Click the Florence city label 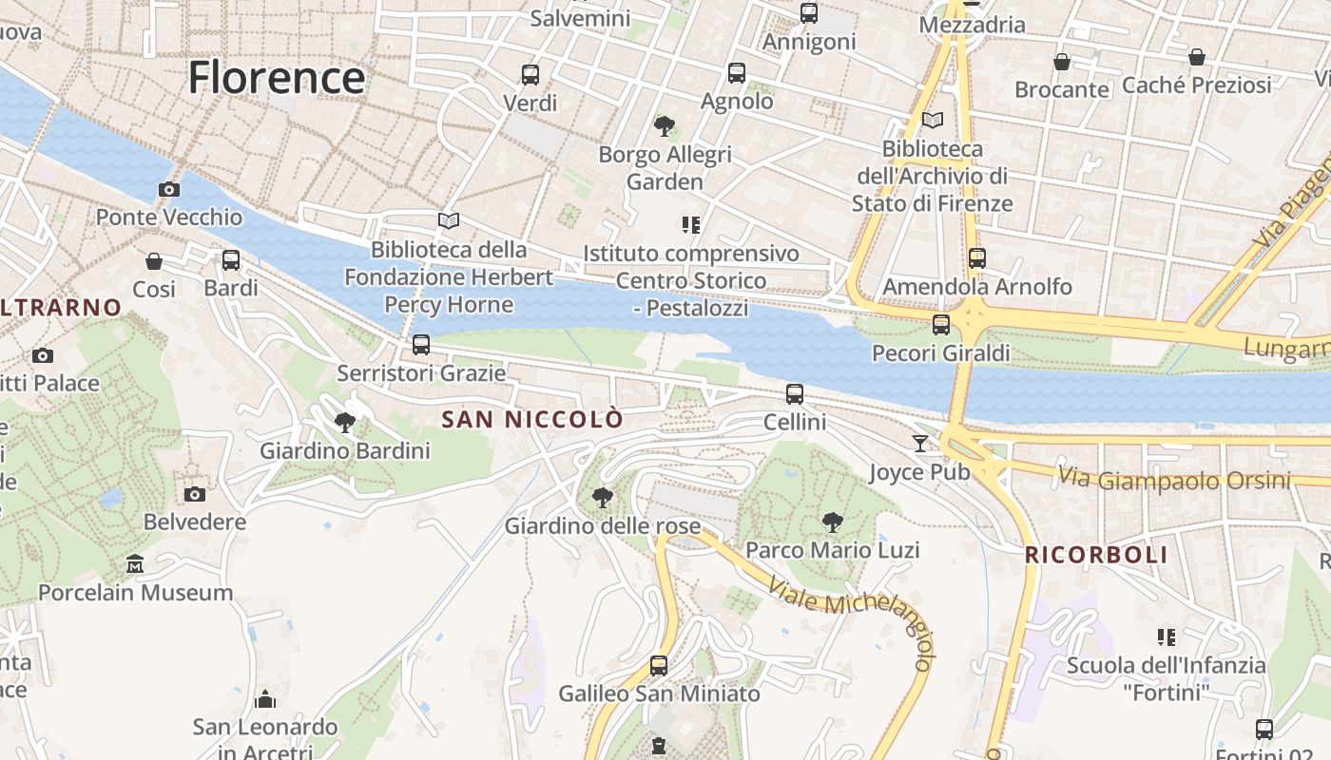tap(277, 77)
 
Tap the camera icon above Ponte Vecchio tap(169, 189)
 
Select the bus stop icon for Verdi tap(530, 74)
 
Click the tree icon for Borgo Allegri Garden tap(665, 125)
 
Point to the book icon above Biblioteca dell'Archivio tap(933, 121)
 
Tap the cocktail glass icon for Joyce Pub tap(919, 443)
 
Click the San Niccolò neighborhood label tap(532, 419)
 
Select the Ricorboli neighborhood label tap(1096, 556)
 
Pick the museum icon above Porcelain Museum tap(134, 564)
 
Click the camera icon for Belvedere tap(195, 494)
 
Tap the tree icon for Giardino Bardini tap(345, 422)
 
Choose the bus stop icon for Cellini tap(795, 393)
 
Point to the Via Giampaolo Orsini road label tap(1175, 479)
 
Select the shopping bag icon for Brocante tap(1062, 62)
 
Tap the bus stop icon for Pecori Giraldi tap(941, 325)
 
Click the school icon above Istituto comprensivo tap(691, 225)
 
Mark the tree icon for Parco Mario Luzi tap(833, 522)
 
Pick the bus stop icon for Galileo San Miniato tap(659, 665)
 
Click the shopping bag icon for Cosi tap(154, 260)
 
